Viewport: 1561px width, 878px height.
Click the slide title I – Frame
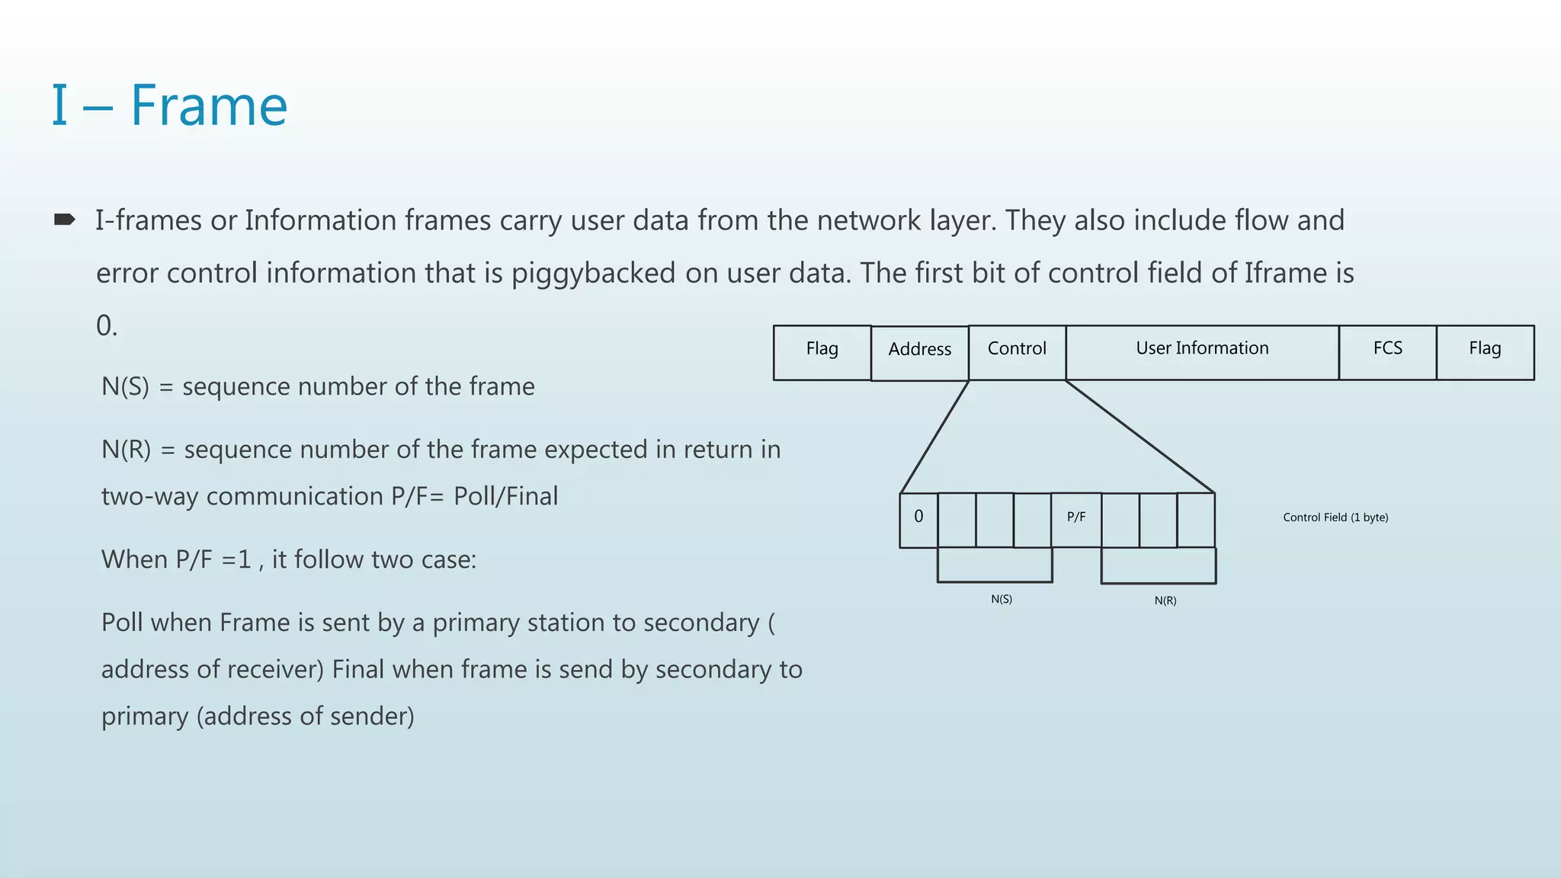point(169,105)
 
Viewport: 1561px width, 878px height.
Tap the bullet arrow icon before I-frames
point(65,220)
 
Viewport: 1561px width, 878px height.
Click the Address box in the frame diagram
point(919,353)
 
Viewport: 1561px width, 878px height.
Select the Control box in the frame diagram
point(1017,352)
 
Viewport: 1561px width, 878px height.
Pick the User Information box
point(1202,352)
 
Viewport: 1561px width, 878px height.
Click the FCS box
point(1387,352)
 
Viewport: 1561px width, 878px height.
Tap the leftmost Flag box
point(822,352)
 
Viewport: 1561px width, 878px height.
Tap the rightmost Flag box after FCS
point(1485,352)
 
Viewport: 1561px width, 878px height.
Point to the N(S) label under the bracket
point(1002,599)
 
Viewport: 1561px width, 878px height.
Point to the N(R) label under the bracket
point(1165,601)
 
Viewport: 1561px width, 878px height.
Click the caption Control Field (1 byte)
point(1335,518)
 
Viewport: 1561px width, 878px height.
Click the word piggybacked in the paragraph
point(593,274)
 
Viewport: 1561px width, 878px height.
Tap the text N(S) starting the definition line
point(125,386)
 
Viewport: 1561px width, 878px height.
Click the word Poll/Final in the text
point(505,496)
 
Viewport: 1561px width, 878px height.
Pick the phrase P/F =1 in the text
point(213,559)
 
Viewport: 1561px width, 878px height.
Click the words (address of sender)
point(306,716)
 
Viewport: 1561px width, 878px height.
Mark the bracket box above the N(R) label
point(1158,566)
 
